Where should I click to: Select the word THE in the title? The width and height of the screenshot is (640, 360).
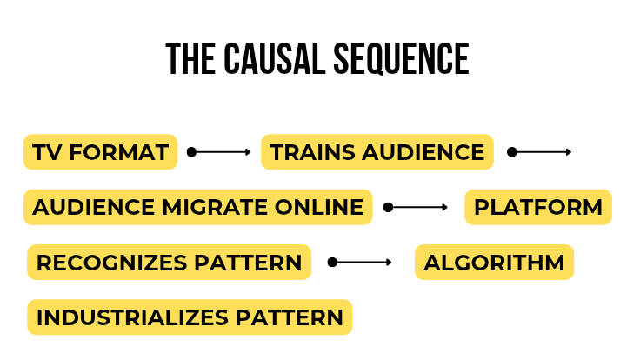coord(183,59)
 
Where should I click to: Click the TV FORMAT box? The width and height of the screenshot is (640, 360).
coord(100,152)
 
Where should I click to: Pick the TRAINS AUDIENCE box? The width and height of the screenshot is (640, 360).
coord(377,152)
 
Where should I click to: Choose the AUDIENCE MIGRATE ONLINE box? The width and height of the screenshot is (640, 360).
coord(197,208)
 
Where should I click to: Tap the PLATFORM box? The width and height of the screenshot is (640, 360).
coord(538,208)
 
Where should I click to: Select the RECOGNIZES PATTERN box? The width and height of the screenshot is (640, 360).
coord(169,263)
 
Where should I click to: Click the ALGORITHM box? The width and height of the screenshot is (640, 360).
coord(494,263)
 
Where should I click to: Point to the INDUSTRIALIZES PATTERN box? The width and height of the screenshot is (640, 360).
coord(190,317)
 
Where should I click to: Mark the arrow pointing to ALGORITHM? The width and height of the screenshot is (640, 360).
coord(360,263)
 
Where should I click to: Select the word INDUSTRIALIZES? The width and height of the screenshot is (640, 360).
coord(131,317)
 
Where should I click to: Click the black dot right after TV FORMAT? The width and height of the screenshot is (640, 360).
coord(191,152)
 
